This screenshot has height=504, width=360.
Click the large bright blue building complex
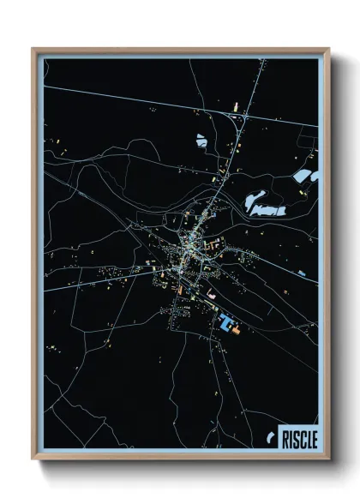click(x=225, y=324)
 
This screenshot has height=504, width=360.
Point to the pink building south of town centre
click(x=211, y=295)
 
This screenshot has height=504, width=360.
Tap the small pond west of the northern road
click(x=201, y=140)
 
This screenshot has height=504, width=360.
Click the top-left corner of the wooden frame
click(x=33, y=50)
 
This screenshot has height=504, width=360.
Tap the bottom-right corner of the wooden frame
click(x=328, y=460)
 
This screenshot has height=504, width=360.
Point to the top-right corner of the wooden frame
click(x=328, y=50)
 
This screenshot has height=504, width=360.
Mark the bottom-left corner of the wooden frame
click(x=33, y=460)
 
